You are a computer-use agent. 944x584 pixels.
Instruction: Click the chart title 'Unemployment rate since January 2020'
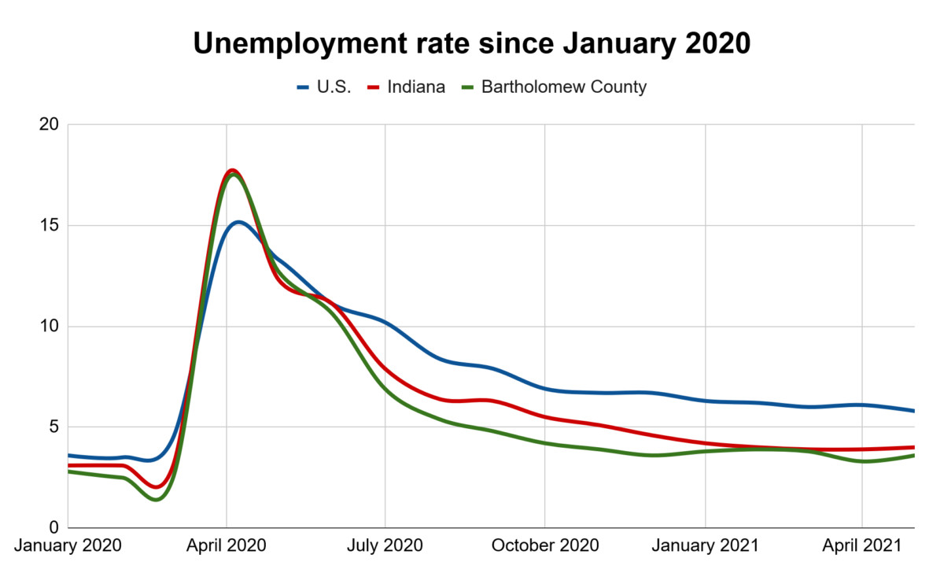[472, 44]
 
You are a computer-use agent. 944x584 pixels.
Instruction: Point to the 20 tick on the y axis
[49, 125]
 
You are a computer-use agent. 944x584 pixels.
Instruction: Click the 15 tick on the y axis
[49, 226]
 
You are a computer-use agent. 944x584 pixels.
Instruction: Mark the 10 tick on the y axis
[49, 327]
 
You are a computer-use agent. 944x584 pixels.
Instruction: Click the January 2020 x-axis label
[68, 545]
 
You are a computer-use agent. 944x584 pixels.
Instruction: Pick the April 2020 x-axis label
[227, 545]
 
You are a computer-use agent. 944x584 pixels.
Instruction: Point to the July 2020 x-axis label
[385, 545]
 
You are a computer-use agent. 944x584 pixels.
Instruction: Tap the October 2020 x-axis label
[544, 545]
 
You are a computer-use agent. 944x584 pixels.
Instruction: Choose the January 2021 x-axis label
[705, 545]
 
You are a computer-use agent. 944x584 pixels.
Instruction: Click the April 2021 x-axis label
[862, 545]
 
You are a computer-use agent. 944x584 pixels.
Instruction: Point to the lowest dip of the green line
[156, 499]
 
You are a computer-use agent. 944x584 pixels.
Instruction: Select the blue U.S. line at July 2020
[385, 323]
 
